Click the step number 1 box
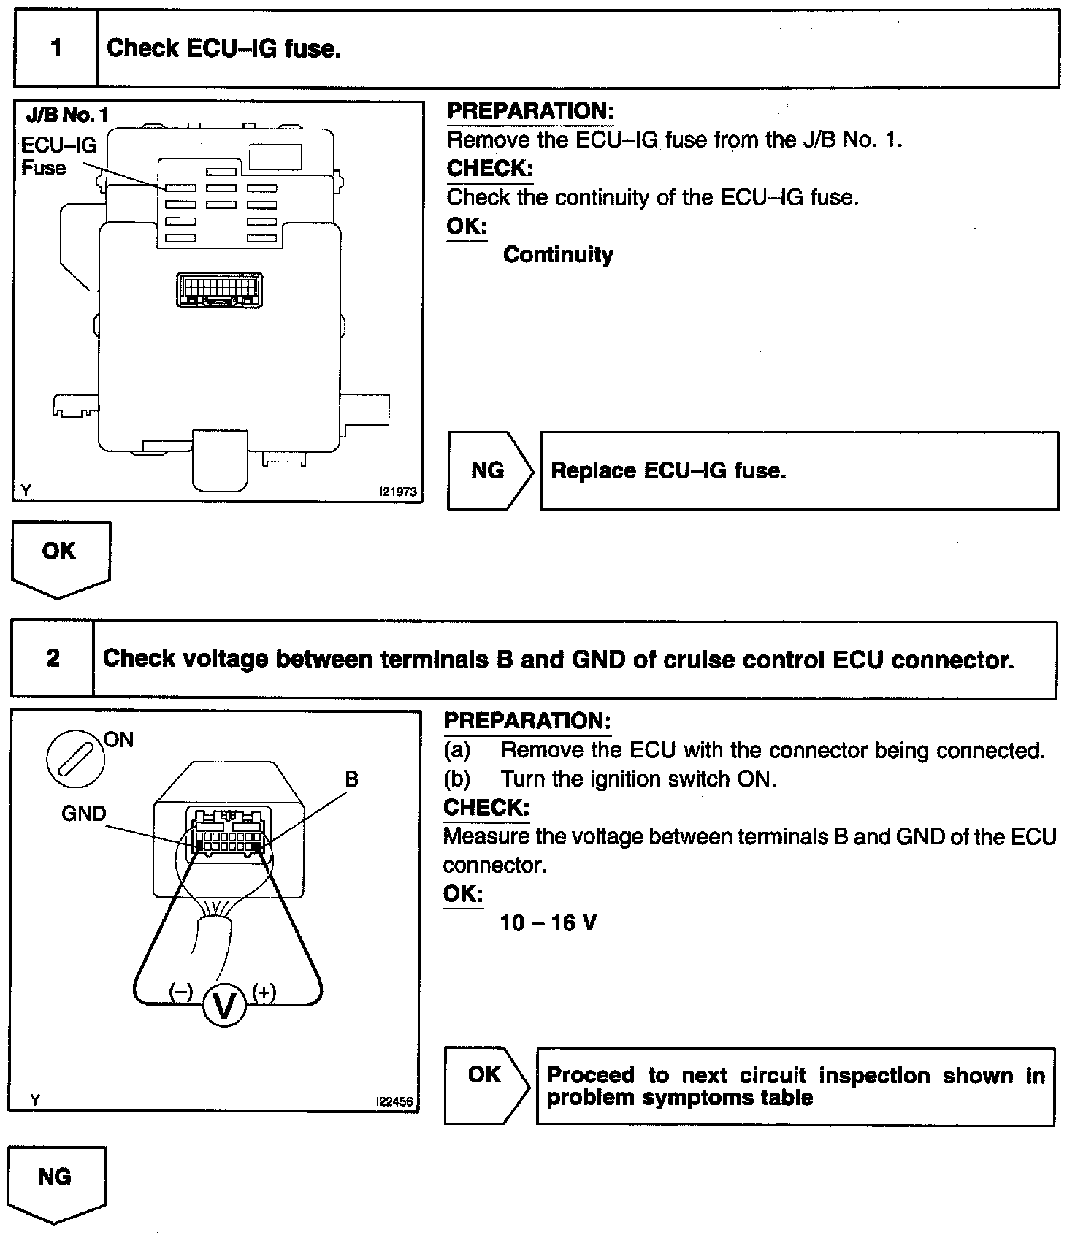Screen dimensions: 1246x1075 pos(56,49)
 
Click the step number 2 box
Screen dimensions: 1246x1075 pos(53,658)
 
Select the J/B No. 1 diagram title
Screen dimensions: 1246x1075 pos(66,115)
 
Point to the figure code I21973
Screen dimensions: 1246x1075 pos(398,492)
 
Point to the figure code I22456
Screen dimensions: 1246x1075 pos(394,1101)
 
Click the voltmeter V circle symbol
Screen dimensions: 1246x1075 pos(225,1006)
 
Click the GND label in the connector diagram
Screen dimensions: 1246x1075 pos(84,813)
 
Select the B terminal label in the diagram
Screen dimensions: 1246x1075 pos(351,779)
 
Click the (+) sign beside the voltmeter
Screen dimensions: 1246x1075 pos(264,992)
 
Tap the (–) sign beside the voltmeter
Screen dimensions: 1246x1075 pos(180,992)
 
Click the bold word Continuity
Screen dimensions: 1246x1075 pos(558,254)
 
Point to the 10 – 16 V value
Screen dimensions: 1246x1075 pos(548,922)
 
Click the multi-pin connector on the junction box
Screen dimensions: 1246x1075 pos(220,289)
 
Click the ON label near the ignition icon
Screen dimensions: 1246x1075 pos(119,739)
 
